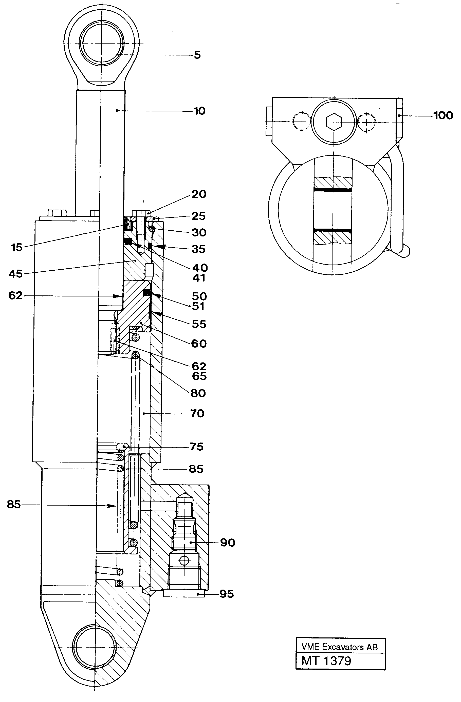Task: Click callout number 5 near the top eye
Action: tap(197, 55)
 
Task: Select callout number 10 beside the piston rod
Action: tap(199, 111)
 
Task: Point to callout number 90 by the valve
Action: tap(227, 543)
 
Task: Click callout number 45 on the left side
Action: tap(16, 274)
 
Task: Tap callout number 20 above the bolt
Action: tap(199, 194)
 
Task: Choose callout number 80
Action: tap(198, 393)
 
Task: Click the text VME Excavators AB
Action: tap(339, 647)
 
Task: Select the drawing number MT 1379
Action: tap(326, 661)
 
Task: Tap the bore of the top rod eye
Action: tap(102, 43)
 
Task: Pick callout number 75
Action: tap(197, 447)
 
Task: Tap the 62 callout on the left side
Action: tap(15, 295)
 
